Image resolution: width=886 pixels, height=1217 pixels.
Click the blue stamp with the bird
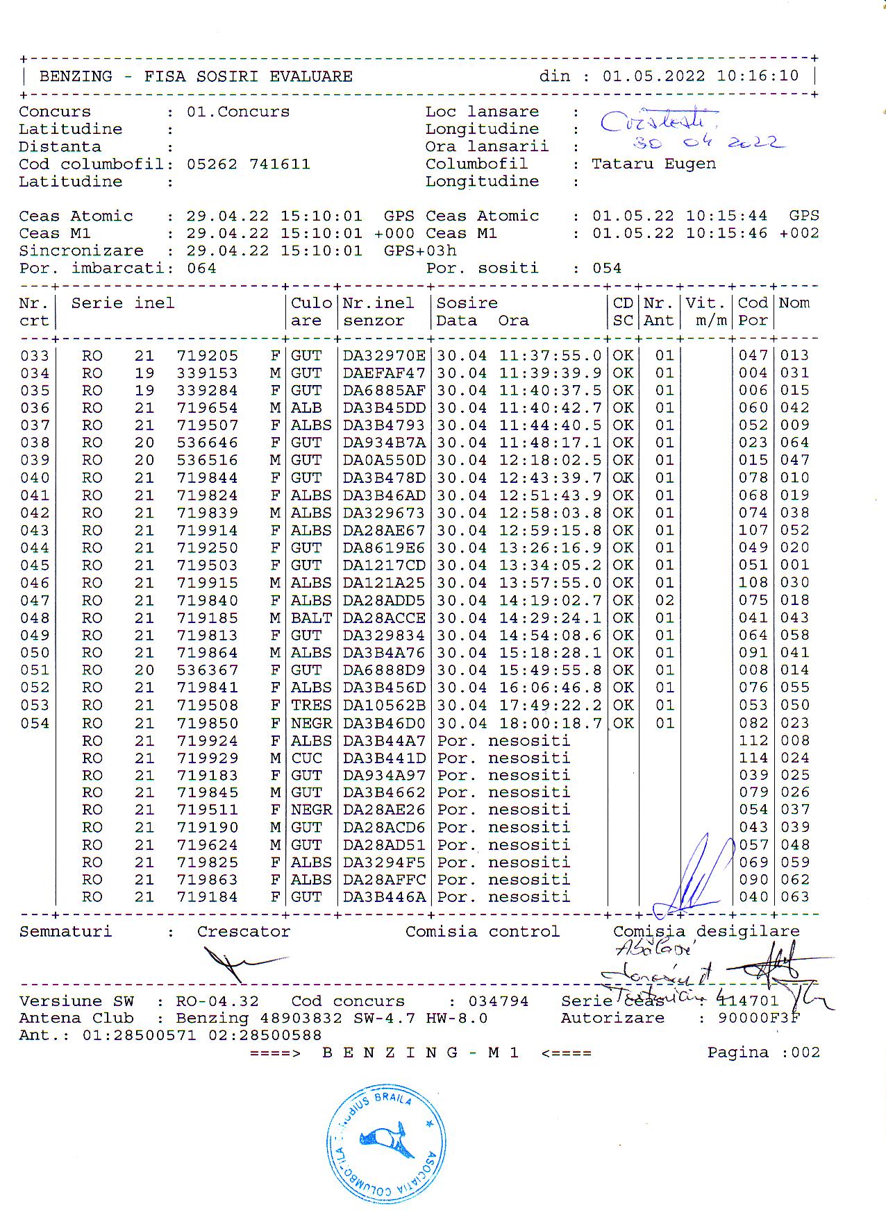click(x=386, y=1142)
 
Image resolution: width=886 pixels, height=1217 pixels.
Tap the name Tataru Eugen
click(x=653, y=164)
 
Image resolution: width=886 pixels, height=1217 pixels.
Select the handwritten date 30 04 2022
click(x=708, y=143)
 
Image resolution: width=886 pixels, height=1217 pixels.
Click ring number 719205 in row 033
click(x=207, y=356)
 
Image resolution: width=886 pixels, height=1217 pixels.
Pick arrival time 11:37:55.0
click(x=550, y=356)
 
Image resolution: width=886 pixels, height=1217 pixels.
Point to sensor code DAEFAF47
click(x=384, y=373)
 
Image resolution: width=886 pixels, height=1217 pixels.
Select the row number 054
click(x=35, y=723)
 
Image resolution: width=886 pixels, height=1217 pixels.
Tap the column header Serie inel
click(x=122, y=303)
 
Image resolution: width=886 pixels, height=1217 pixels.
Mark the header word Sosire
click(x=467, y=303)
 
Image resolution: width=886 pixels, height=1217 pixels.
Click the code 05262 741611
click(x=248, y=164)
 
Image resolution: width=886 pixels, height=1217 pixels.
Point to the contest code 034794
click(x=498, y=1001)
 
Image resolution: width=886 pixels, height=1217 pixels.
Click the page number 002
click(x=805, y=1053)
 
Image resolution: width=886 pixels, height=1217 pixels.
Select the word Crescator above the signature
click(x=243, y=932)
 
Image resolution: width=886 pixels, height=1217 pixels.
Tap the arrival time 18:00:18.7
click(x=550, y=723)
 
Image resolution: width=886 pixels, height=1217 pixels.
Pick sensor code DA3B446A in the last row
click(x=384, y=897)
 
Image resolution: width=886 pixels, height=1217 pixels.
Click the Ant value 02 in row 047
click(x=664, y=601)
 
